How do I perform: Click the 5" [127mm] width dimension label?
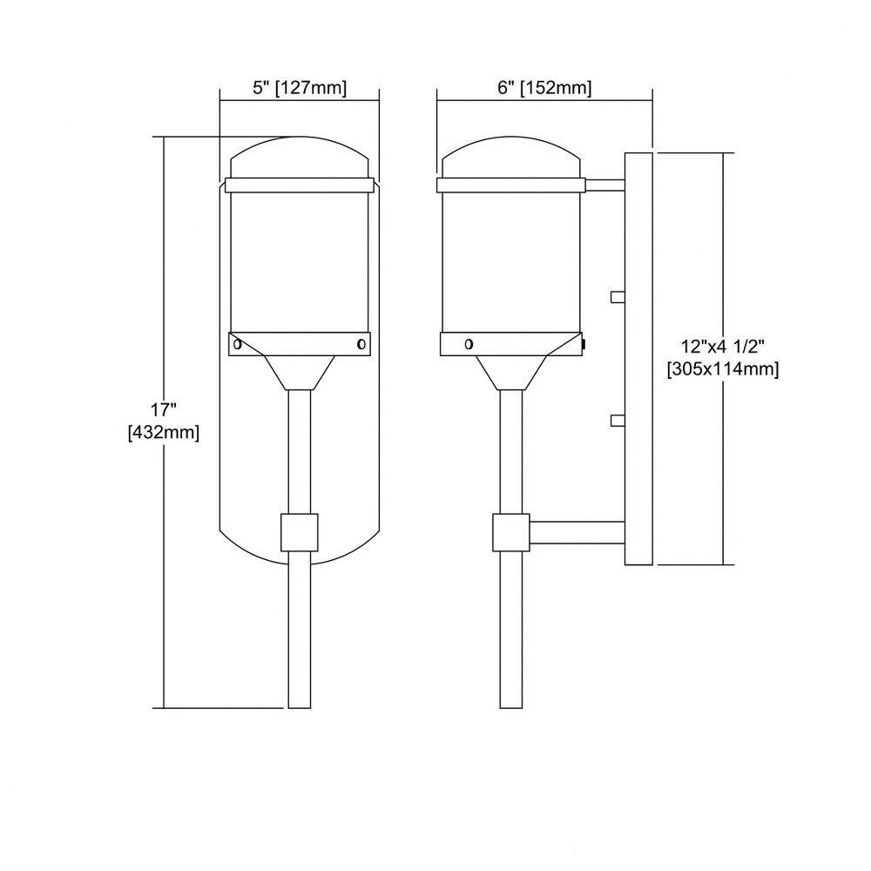click(x=300, y=88)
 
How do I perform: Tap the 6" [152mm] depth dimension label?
click(x=544, y=88)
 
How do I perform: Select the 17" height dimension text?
click(x=164, y=410)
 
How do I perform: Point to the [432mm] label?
click(x=164, y=432)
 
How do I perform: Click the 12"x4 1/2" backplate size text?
click(x=723, y=347)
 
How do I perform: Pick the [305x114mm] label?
click(x=723, y=368)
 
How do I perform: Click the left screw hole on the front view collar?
click(x=237, y=344)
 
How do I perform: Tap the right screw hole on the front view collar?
click(x=361, y=344)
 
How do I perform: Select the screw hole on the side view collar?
click(x=469, y=344)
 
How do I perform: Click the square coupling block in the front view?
click(x=300, y=533)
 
